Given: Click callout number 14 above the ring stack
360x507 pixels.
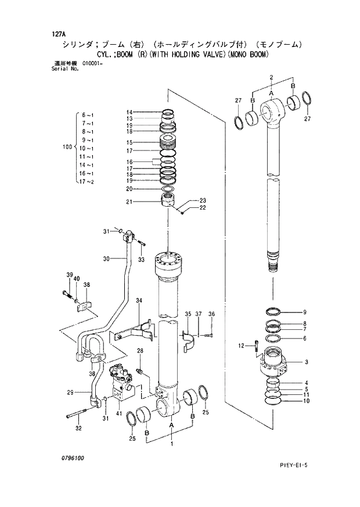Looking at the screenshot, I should click(x=129, y=112).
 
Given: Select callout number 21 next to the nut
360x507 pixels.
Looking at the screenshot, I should click(x=129, y=202).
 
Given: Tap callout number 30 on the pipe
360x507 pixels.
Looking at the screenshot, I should click(x=106, y=258).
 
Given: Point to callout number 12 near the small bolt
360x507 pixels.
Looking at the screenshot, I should click(x=242, y=346).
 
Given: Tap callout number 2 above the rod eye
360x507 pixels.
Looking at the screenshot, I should click(x=271, y=77).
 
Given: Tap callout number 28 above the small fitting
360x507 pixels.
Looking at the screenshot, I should click(x=140, y=350).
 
